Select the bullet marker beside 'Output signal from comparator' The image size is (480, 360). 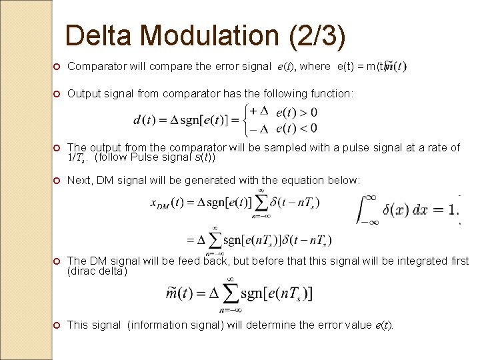57,94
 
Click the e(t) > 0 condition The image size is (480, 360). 297,111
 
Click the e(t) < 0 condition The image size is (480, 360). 297,128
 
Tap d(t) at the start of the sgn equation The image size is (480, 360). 146,120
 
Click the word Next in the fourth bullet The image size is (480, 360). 79,180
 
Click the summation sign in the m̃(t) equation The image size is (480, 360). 229,293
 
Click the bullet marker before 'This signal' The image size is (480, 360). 57,325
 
